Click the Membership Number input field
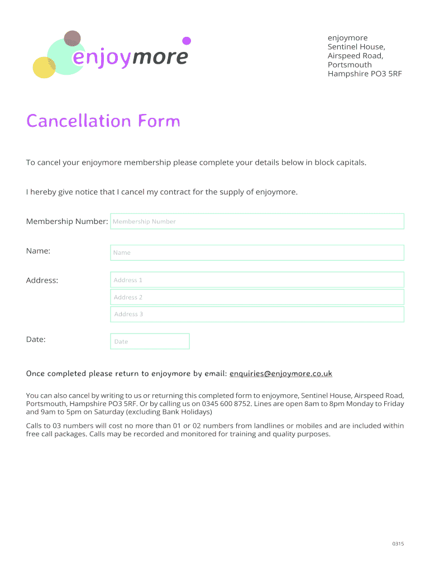click(257, 221)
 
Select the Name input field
click(257, 252)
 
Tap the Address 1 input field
click(257, 280)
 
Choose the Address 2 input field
click(257, 297)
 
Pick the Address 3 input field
click(257, 314)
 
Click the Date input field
click(150, 341)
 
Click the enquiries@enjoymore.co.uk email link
click(281, 374)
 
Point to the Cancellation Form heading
click(103, 121)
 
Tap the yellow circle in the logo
click(44, 68)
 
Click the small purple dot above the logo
click(187, 41)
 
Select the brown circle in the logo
click(72, 39)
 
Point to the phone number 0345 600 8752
click(222, 404)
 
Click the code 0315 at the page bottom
click(398, 544)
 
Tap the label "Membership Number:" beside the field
click(67, 222)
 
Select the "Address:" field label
click(42, 280)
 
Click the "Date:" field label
click(36, 340)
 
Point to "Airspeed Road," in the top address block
click(355, 56)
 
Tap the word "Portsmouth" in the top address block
click(350, 65)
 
